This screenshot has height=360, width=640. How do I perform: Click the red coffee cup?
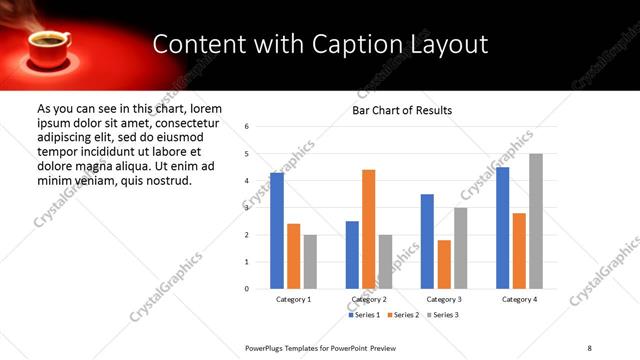48,46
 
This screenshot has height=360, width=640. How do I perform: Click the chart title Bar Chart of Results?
402,110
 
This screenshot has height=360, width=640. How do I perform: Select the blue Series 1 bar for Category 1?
277,231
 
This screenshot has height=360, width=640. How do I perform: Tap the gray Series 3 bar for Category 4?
536,221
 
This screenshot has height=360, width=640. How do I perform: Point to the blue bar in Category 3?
427,241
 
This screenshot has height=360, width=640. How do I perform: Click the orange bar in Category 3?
444,264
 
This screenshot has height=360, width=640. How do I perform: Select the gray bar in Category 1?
311,262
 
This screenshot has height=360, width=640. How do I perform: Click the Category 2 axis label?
368,299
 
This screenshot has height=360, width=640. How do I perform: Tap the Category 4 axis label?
519,299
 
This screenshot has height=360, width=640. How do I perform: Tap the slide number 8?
588,346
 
